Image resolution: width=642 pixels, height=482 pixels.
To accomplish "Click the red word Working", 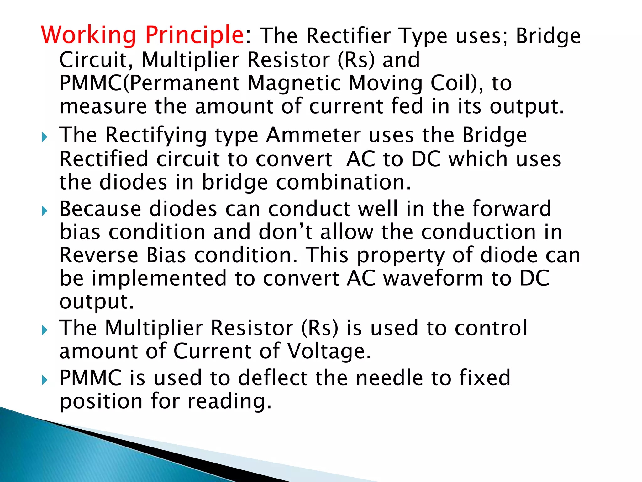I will click(x=89, y=35).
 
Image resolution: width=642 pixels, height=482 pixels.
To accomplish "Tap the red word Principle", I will click(x=195, y=35).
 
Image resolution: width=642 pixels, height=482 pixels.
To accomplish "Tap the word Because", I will click(x=100, y=209).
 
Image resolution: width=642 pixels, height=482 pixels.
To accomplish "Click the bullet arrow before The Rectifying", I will click(x=44, y=137).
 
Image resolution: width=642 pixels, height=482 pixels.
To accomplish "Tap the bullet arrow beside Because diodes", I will click(x=44, y=211).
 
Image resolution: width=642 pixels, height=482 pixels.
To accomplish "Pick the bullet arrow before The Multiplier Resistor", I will click(x=44, y=330).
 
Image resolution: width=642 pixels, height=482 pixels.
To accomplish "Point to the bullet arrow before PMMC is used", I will click(x=44, y=380).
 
